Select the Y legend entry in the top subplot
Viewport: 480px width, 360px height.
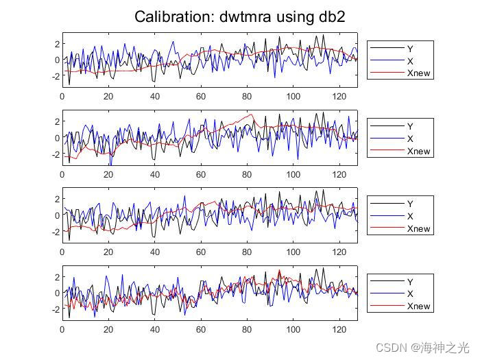pyautogui.click(x=409, y=49)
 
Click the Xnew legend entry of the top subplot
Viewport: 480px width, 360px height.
pyautogui.click(x=418, y=73)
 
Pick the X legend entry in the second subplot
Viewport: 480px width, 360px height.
pyautogui.click(x=409, y=139)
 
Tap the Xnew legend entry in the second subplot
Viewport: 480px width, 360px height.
pyautogui.click(x=418, y=151)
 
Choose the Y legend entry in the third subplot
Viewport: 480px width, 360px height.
pyautogui.click(x=409, y=204)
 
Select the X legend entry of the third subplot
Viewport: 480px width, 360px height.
pyautogui.click(x=409, y=216)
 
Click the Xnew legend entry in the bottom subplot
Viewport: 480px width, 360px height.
pyautogui.click(x=418, y=306)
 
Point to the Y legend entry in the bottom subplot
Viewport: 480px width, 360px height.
pyautogui.click(x=409, y=281)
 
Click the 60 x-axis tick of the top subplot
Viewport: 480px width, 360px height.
pyautogui.click(x=201, y=97)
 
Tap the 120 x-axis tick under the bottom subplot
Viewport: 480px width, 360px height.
pyautogui.click(x=339, y=330)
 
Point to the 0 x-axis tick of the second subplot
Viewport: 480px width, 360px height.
pyautogui.click(x=62, y=174)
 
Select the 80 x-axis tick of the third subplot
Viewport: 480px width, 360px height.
pyautogui.click(x=247, y=252)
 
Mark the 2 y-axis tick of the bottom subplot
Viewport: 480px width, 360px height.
pyautogui.click(x=57, y=277)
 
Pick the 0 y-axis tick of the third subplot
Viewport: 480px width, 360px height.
pyautogui.click(x=57, y=215)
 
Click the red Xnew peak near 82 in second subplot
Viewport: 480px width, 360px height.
pyautogui.click(x=252, y=115)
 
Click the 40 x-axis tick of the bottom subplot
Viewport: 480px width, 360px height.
pyautogui.click(x=154, y=330)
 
